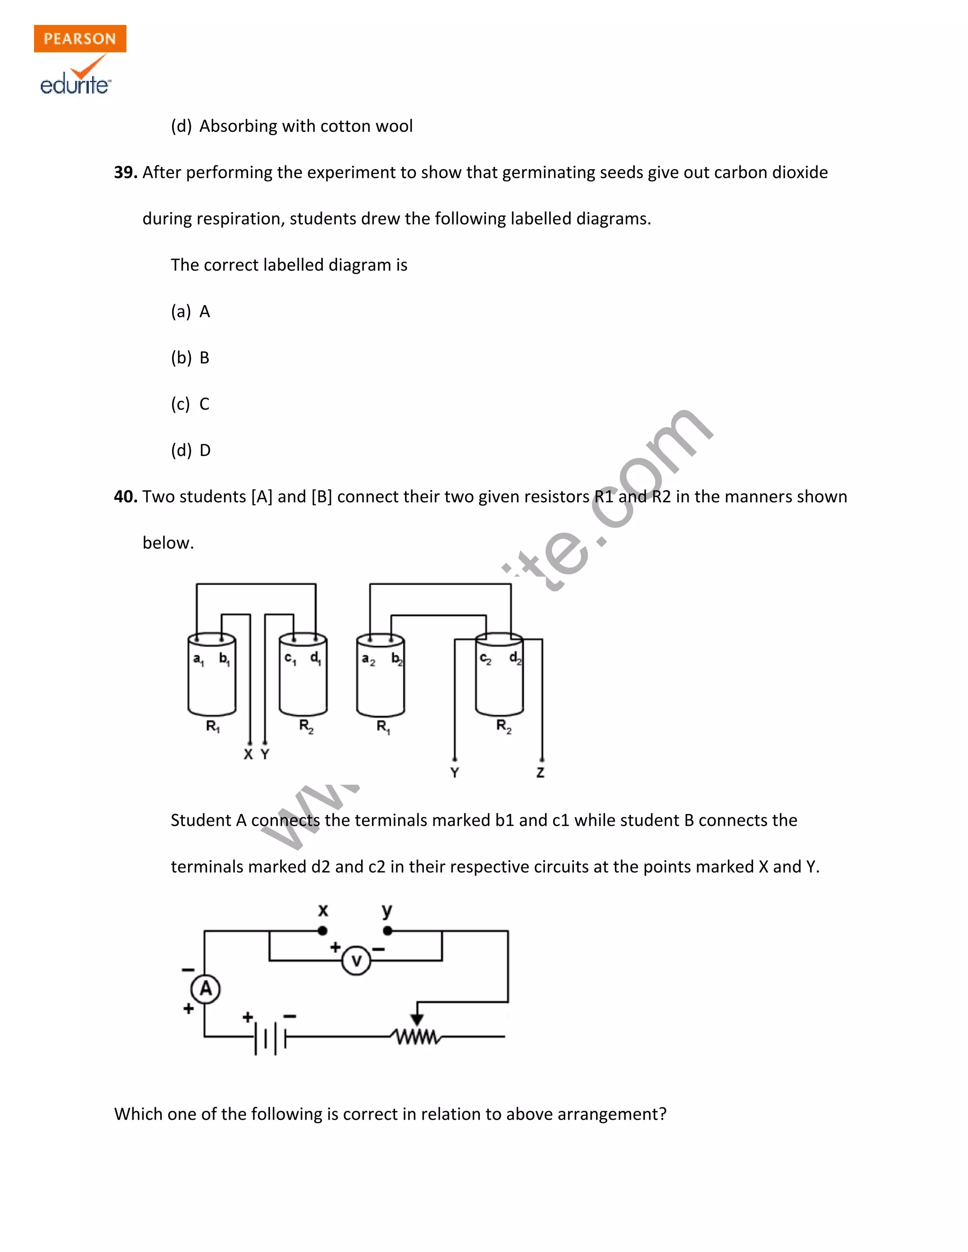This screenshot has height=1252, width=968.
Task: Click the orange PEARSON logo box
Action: [80, 38]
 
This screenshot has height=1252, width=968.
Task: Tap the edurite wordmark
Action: [75, 85]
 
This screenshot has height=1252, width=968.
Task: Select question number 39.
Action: [125, 172]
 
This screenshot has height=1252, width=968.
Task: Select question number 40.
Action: [125, 497]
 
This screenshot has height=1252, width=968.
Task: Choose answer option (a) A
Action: [190, 312]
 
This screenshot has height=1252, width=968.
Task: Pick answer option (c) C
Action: [190, 404]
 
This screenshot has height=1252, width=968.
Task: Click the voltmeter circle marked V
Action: [356, 961]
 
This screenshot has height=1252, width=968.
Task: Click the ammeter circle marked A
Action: [205, 988]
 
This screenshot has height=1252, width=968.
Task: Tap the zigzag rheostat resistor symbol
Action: [416, 1037]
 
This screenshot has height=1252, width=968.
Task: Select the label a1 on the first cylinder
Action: [199, 659]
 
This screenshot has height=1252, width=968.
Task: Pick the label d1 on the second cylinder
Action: [315, 658]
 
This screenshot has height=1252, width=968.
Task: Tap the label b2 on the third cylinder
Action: [397, 659]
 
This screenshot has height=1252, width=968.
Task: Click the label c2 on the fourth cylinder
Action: [485, 659]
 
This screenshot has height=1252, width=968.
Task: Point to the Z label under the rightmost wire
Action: [540, 773]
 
